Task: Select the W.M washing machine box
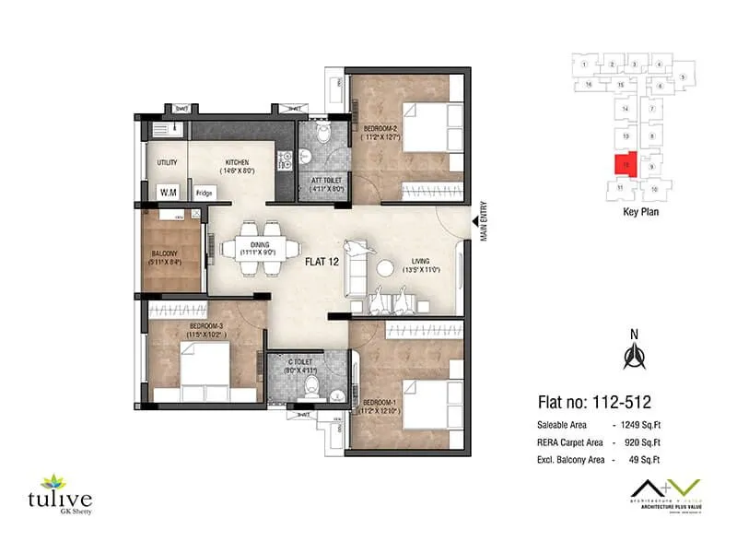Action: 168,193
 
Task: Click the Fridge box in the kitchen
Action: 204,194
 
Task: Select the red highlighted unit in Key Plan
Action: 626,164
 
